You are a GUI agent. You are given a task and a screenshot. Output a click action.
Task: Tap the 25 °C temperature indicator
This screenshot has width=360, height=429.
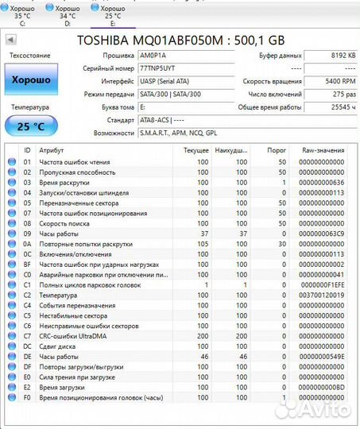point(31,126)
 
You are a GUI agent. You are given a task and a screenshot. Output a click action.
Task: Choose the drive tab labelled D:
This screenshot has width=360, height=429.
point(68,14)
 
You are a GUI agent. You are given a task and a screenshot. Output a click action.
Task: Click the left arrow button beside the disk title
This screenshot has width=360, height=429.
point(10,39)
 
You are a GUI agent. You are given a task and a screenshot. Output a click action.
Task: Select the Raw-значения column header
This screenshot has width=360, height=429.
point(323,149)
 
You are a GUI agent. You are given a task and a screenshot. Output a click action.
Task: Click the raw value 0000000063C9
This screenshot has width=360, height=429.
point(322,233)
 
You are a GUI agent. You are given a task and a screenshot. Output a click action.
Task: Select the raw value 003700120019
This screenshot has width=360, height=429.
point(322,295)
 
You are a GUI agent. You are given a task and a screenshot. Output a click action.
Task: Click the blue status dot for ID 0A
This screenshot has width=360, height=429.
point(12,243)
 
